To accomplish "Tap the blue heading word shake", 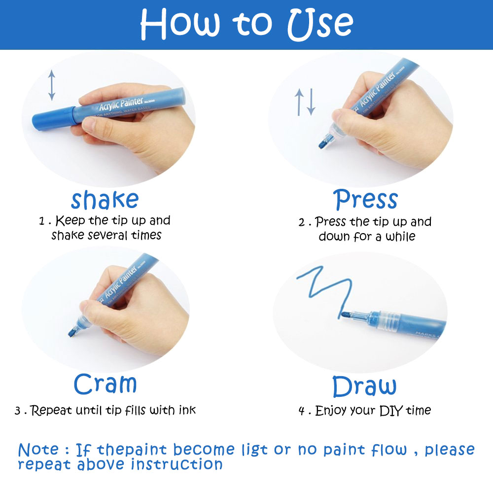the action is (x=105, y=200).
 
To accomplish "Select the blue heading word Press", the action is (x=365, y=199).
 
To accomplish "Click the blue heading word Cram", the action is (x=105, y=384).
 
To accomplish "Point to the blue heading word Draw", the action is (x=364, y=386).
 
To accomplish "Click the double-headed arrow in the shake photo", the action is (x=52, y=85).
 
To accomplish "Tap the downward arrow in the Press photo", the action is (x=311, y=102).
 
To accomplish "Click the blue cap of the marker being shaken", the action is (x=53, y=118).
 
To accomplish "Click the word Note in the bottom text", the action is (x=38, y=450).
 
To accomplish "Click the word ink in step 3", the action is (x=187, y=410).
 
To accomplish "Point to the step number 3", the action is (x=18, y=411).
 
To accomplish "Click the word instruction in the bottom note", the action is (x=176, y=464).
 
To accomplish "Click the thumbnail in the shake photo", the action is (x=88, y=125).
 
